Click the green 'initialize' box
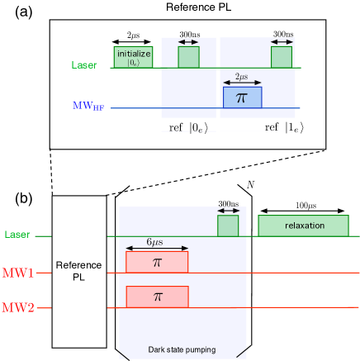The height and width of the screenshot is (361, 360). (x=133, y=56)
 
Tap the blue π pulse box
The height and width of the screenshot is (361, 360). (x=242, y=97)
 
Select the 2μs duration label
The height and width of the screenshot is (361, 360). (x=242, y=76)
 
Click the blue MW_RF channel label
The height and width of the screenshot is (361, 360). (x=87, y=106)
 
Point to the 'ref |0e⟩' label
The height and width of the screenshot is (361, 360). (x=188, y=126)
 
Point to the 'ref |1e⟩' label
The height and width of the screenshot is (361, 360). (x=283, y=126)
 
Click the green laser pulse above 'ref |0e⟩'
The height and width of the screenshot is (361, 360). (x=188, y=57)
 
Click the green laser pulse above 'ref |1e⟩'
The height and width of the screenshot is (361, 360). (x=282, y=57)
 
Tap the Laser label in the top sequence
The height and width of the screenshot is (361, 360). (x=84, y=64)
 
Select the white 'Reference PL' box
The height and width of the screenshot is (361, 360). (x=79, y=271)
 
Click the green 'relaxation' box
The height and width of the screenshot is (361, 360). (x=305, y=226)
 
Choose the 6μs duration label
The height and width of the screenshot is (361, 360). (x=156, y=241)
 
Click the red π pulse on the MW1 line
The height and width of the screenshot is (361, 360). (x=157, y=262)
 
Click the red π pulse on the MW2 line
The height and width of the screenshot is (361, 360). (x=157, y=297)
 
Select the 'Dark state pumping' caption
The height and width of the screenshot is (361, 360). (x=182, y=350)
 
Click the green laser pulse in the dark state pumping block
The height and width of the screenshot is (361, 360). (x=228, y=226)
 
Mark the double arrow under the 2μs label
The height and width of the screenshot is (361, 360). (x=242, y=83)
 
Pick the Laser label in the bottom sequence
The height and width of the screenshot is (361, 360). (x=17, y=235)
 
